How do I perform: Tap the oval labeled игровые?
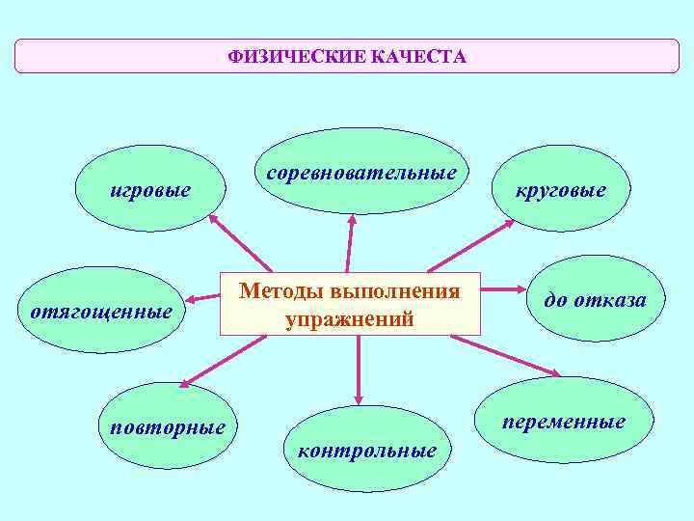click(x=150, y=188)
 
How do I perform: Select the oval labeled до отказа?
click(x=595, y=299)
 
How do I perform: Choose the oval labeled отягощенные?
click(x=101, y=311)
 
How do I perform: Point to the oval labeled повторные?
click(x=168, y=425)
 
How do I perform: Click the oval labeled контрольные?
click(x=367, y=449)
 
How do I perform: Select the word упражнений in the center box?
click(x=350, y=319)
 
